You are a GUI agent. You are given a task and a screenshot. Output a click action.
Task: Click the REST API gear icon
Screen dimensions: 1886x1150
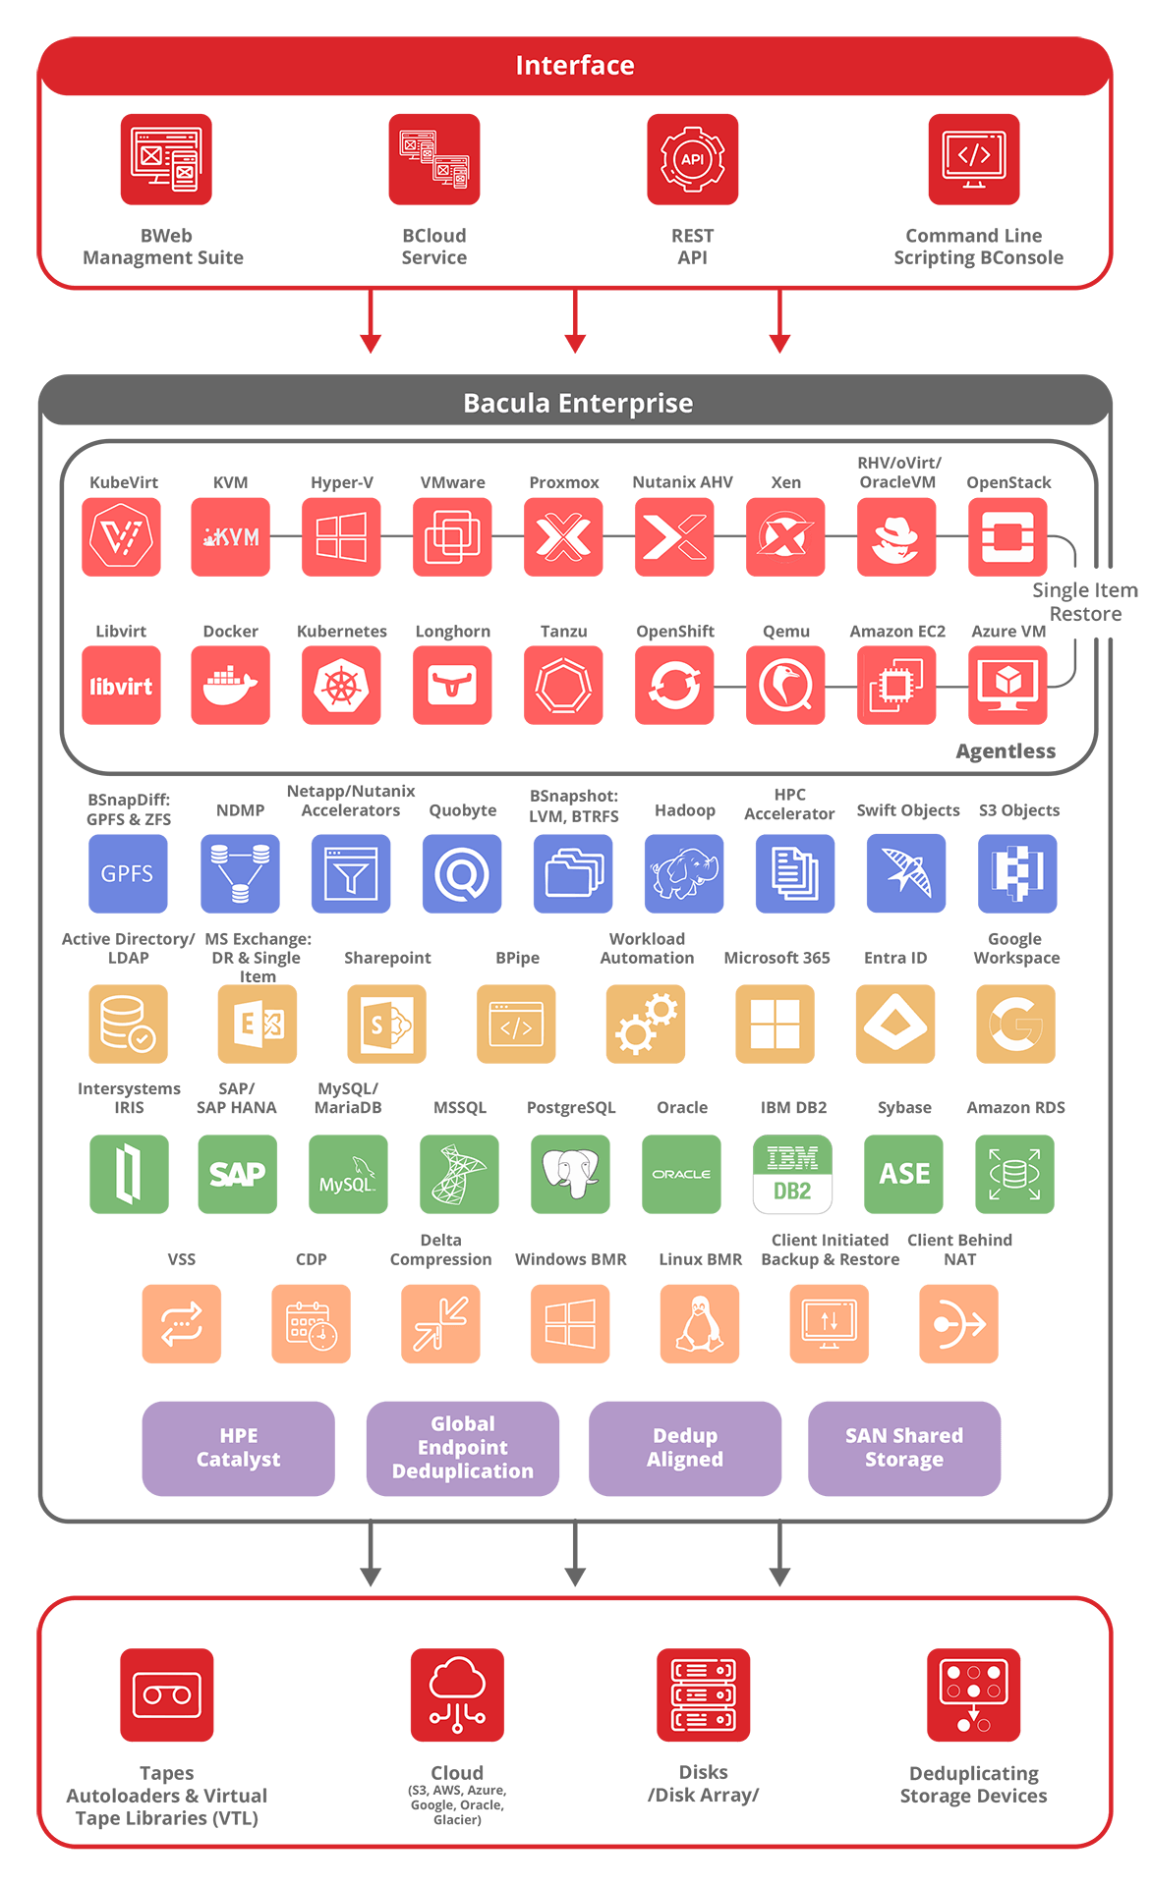(x=692, y=159)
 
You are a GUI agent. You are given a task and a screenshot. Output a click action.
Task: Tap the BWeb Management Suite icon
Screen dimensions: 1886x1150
(x=165, y=159)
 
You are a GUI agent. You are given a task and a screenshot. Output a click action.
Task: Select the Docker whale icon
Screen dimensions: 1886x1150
(x=230, y=686)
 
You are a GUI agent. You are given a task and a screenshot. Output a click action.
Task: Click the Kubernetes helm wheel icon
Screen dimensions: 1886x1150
(x=341, y=686)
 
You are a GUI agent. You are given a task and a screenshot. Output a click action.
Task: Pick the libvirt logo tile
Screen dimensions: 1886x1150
(x=121, y=686)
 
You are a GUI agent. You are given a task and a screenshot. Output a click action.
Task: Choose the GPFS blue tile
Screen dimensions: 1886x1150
(x=128, y=873)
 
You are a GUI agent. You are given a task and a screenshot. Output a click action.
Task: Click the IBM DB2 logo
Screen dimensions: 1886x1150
(x=792, y=1174)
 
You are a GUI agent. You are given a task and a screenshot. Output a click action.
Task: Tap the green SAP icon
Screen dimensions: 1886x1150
(x=237, y=1174)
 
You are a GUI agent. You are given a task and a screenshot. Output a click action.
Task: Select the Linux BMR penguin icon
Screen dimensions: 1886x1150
(x=699, y=1323)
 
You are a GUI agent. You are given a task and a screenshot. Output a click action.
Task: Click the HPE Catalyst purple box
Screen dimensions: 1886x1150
(x=238, y=1448)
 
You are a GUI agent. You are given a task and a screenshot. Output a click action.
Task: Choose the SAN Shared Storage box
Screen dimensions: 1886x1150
(x=904, y=1448)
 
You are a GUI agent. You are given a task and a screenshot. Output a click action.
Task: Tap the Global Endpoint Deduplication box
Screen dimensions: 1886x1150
(x=462, y=1448)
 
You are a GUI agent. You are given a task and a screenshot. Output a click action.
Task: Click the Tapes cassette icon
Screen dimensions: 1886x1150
(x=166, y=1694)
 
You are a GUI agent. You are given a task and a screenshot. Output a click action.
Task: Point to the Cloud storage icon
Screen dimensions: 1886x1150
(x=457, y=1694)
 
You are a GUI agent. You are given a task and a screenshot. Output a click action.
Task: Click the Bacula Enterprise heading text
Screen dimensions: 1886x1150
(x=578, y=403)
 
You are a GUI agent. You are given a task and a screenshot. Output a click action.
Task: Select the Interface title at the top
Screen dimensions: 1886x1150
(x=575, y=65)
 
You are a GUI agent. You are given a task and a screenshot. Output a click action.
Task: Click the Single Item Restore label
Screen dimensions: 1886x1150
(x=1085, y=601)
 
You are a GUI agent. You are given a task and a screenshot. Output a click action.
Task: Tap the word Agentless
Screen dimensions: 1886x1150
(x=1006, y=751)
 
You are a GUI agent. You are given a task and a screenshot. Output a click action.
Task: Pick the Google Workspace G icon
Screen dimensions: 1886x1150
(x=1015, y=1024)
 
